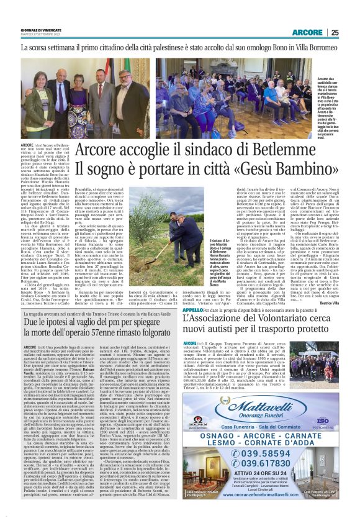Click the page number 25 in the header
(x=334, y=32)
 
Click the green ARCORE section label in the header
(x=307, y=32)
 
